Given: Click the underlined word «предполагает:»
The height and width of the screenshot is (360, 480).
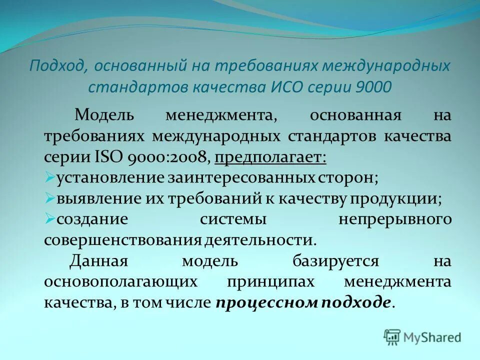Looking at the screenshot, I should point(270,157).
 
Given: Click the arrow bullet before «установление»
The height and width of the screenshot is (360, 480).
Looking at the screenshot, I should point(49,177).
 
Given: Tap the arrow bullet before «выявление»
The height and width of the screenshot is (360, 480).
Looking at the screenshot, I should point(49,198).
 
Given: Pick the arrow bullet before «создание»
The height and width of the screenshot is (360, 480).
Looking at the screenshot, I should point(49,218).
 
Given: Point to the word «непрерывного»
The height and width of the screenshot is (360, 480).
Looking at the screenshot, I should point(395,219).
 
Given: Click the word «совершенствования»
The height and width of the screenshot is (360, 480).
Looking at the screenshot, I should point(122,239).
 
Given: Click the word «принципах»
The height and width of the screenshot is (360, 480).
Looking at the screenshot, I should point(271,281).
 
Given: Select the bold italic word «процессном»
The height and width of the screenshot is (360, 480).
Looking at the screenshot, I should point(253,302).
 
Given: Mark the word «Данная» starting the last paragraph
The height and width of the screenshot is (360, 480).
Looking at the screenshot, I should point(99,260).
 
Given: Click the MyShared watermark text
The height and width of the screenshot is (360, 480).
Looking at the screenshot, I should point(433,337).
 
